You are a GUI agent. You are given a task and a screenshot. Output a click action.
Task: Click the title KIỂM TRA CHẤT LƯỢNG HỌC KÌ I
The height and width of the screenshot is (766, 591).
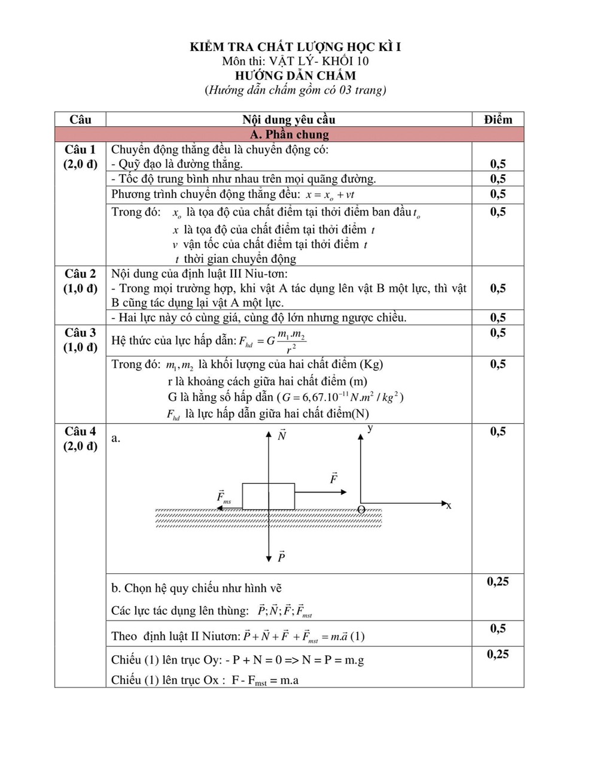(x=295, y=46)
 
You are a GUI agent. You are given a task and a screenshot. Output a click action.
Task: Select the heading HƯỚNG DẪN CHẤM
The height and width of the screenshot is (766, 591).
(x=295, y=75)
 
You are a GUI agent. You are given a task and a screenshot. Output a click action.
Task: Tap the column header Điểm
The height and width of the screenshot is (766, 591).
(x=498, y=119)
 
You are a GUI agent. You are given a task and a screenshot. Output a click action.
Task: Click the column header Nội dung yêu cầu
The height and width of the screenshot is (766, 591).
(x=288, y=119)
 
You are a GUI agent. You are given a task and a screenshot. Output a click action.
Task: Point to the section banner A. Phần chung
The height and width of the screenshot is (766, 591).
(x=289, y=134)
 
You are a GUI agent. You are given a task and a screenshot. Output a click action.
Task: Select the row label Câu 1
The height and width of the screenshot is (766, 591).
(x=80, y=150)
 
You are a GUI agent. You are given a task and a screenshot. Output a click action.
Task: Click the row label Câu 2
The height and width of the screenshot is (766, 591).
(x=80, y=273)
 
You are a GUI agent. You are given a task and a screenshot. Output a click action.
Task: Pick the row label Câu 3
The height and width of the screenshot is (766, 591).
(x=80, y=332)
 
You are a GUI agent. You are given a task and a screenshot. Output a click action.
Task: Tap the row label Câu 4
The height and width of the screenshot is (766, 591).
(x=80, y=431)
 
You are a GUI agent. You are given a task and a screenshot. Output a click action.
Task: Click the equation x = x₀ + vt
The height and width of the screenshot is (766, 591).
(x=330, y=194)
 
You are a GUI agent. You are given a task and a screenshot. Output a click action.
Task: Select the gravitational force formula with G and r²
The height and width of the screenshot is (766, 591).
(x=272, y=341)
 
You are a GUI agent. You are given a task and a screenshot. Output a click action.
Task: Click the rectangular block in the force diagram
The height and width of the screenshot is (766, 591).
(x=268, y=496)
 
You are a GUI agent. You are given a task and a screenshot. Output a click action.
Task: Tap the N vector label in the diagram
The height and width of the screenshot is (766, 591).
(x=282, y=436)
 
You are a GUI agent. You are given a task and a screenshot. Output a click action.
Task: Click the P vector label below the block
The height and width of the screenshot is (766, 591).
(x=281, y=557)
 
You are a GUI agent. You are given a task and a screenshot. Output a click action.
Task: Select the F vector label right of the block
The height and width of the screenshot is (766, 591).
(x=334, y=478)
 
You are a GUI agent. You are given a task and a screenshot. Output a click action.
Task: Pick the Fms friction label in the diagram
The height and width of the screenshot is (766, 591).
(x=223, y=497)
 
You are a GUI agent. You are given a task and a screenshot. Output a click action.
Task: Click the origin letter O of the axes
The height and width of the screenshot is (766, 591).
(x=361, y=509)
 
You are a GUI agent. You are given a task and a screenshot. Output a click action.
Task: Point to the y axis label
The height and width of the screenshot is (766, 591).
(x=371, y=428)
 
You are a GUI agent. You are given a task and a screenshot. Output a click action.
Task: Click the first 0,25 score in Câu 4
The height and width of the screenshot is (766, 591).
(x=498, y=581)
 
